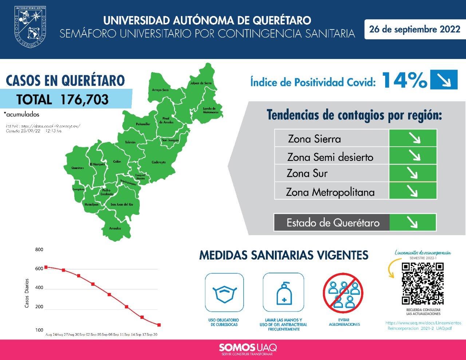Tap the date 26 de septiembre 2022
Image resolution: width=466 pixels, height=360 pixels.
415,29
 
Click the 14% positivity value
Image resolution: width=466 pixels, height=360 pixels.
404,80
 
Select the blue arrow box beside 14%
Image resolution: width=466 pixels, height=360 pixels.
443,79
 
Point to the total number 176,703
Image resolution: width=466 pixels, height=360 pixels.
84,99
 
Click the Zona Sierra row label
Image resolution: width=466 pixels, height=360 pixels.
315,139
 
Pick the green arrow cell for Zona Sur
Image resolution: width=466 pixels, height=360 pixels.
413,173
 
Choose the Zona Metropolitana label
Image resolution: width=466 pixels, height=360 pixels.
330,192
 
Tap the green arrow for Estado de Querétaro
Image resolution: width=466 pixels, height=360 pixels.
412,222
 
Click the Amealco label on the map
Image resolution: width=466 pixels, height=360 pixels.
115,228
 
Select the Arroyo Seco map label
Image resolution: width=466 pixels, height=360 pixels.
160,90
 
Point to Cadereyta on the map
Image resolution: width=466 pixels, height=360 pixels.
159,162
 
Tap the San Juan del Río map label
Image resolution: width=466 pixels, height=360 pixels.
122,205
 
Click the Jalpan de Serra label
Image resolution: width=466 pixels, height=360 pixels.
201,83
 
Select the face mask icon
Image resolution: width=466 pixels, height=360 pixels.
224,293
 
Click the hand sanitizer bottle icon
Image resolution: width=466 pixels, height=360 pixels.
284,293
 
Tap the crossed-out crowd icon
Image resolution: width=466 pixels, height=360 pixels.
343,293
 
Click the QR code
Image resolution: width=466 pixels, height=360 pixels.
423,284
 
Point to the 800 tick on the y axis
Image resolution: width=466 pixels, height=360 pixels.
39,250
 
